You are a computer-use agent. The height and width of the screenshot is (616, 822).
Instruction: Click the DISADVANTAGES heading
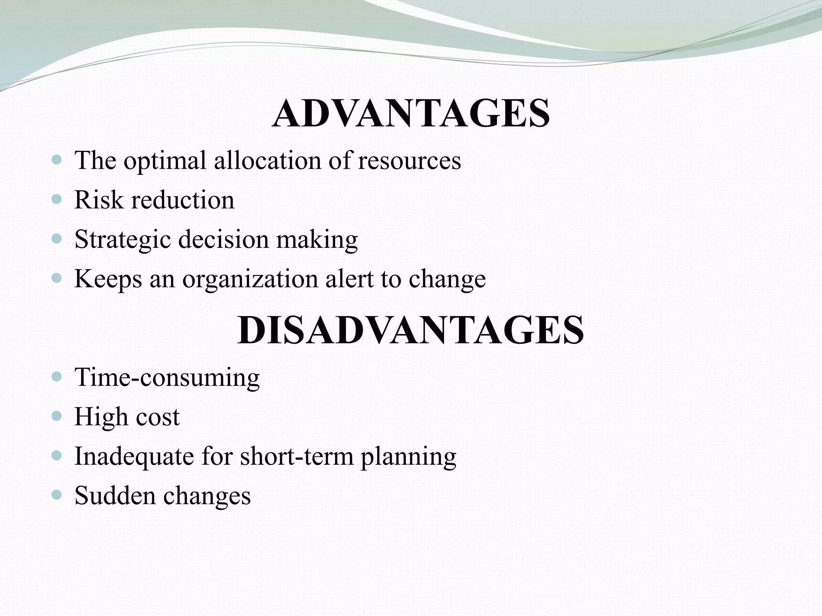[x=411, y=330]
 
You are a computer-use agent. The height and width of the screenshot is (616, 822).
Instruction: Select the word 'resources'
[x=409, y=160]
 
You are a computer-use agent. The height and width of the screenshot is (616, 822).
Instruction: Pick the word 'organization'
[x=250, y=279]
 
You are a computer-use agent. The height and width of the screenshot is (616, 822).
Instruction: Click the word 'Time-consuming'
[x=167, y=377]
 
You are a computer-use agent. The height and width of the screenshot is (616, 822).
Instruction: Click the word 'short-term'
[x=297, y=456]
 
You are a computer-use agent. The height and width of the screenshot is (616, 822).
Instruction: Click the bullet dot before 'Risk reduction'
[x=57, y=199]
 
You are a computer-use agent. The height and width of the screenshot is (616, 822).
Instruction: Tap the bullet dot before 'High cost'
[x=57, y=416]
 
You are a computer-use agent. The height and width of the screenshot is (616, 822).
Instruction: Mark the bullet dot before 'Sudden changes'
[x=57, y=495]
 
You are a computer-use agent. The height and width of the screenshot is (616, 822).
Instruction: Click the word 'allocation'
[x=267, y=160]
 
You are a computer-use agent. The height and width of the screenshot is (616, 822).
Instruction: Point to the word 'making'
[x=317, y=239]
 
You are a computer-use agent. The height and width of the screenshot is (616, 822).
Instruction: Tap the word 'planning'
[x=408, y=457]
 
